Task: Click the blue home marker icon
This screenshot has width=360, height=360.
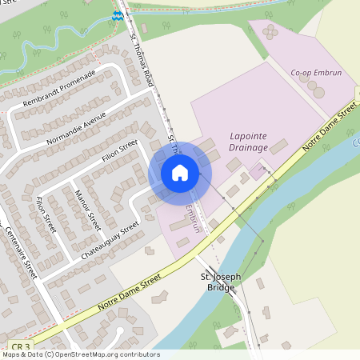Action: point(180,173)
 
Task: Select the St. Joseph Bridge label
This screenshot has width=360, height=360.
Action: point(220,281)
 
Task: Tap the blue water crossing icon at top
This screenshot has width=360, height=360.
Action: point(118,14)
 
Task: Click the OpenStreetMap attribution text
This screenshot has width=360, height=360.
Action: point(80,354)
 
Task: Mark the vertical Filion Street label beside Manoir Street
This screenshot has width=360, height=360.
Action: point(47,215)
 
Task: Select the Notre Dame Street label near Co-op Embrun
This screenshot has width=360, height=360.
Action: point(330,131)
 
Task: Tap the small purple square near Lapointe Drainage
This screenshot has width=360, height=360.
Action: point(258,170)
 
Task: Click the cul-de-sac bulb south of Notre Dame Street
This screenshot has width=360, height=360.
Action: point(120,333)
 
